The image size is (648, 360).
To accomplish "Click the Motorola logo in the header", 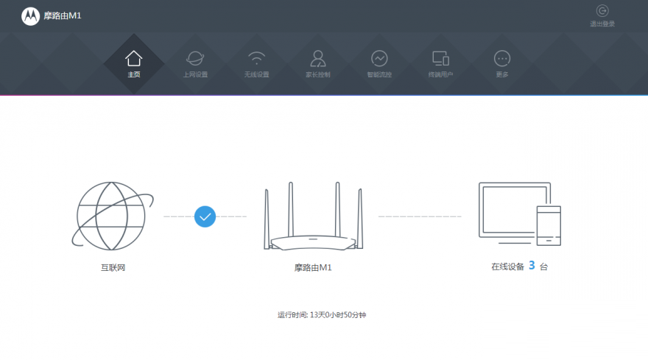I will point(30,16).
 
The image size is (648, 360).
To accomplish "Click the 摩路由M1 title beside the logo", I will point(62,16).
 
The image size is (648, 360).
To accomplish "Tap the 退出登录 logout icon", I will point(602,11).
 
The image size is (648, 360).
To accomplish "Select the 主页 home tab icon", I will point(133,58).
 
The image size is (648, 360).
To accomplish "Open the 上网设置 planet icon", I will point(195,58).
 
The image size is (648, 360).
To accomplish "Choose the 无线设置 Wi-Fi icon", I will point(256,58).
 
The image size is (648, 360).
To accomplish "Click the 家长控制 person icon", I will point(318,58).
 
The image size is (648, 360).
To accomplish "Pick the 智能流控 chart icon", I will point(379,58).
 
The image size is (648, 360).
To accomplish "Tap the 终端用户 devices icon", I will point(440,58).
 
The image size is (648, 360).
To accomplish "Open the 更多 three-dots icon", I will point(502,58).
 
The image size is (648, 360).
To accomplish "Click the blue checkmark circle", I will point(205,216).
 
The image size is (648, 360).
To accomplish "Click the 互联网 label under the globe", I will point(113,267).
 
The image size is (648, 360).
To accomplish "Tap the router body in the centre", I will point(313,242).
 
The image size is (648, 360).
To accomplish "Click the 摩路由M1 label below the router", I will point(313,267).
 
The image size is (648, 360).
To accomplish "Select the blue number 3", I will point(531,266).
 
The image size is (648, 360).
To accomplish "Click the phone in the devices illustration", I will point(548,225).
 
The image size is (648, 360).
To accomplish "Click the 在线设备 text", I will point(507,267).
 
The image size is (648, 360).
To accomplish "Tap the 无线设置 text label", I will point(256,74).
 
